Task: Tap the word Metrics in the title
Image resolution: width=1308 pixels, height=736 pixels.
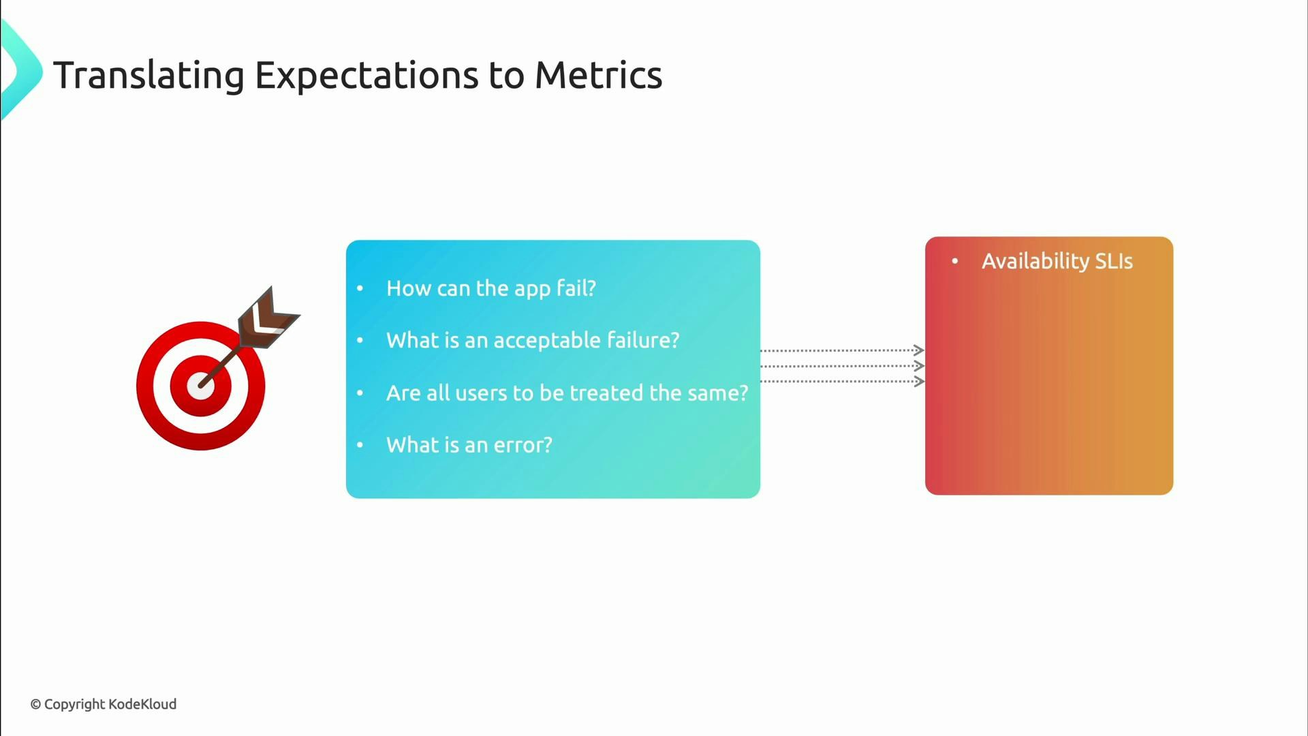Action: pos(598,75)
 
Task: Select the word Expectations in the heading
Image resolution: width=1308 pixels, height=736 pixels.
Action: pos(367,75)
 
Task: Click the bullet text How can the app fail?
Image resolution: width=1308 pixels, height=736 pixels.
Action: pos(490,288)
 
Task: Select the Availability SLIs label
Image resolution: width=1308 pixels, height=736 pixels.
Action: pos(1057,261)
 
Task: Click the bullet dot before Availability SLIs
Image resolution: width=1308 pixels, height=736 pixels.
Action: pos(955,261)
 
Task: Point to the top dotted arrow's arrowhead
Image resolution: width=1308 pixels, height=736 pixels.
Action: pos(919,350)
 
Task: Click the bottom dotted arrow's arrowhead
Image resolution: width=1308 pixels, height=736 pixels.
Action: pos(919,382)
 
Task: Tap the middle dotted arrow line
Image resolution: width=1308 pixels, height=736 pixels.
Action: pos(838,366)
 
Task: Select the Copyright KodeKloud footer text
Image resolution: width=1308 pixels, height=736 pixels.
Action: pos(104,704)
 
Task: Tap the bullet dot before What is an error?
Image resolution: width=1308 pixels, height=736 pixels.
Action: pos(360,445)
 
